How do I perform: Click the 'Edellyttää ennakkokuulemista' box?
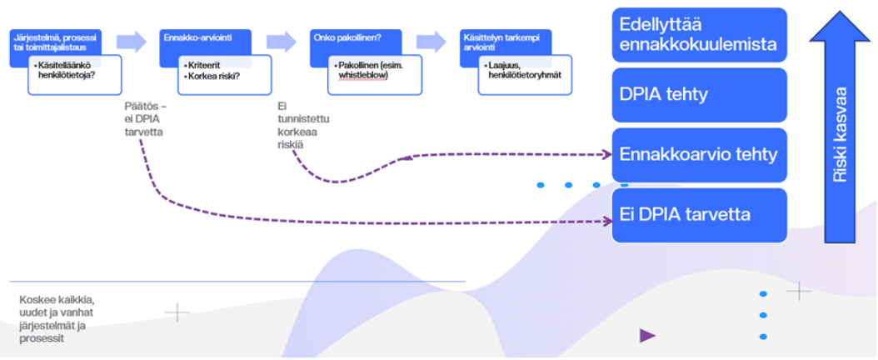(x=699, y=35)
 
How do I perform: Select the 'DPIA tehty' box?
(x=699, y=95)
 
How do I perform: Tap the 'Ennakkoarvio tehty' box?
(x=699, y=155)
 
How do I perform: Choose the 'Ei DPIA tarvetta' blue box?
(x=699, y=215)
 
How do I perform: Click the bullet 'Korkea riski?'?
(x=212, y=76)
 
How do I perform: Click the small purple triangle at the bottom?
(x=646, y=336)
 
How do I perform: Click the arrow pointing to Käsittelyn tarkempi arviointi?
(x=432, y=41)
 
